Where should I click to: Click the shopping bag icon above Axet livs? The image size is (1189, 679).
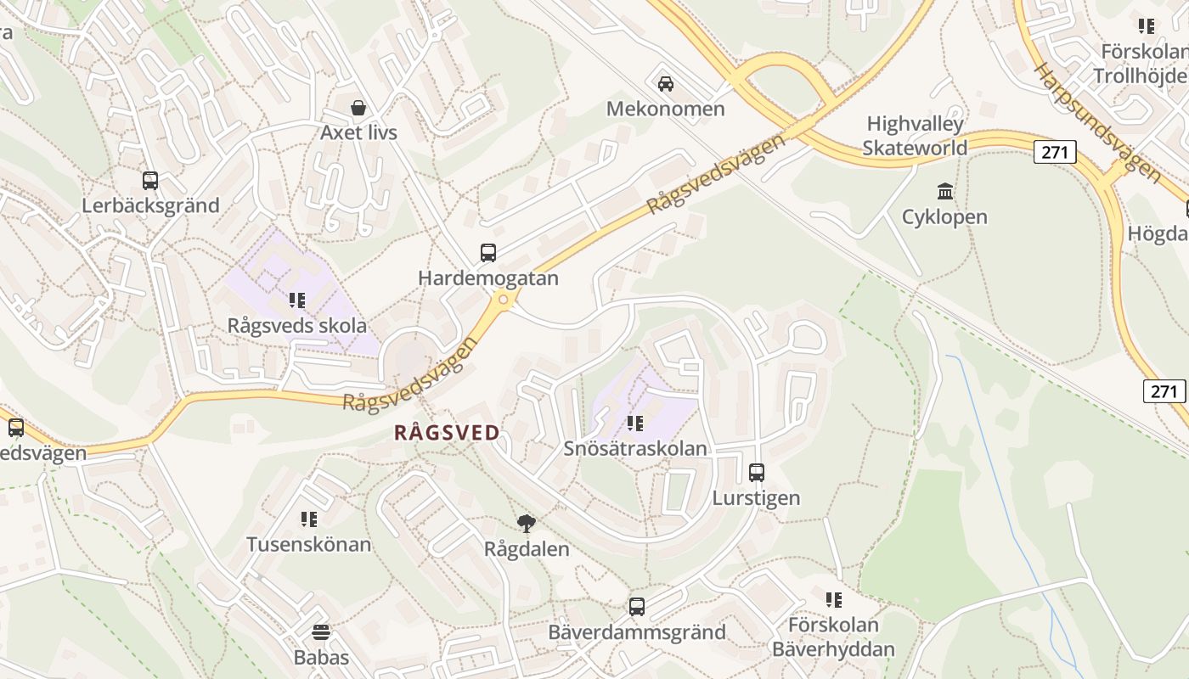point(358,108)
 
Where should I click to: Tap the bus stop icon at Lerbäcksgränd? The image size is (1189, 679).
point(150,180)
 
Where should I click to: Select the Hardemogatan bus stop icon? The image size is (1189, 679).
point(488,252)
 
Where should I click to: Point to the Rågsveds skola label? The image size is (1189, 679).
point(297,325)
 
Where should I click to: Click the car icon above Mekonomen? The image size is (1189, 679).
point(666,83)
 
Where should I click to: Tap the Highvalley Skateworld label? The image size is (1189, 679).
point(915,136)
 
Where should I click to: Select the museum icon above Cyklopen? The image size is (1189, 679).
point(944,191)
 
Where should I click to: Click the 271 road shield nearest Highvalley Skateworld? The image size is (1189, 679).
point(1055,152)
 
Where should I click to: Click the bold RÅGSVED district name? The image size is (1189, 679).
point(448,433)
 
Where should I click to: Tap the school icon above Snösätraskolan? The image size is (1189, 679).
point(634,423)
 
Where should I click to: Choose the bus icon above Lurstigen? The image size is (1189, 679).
point(756,472)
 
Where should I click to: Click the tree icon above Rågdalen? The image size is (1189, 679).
point(527,523)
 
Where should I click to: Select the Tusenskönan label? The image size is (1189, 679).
point(308,544)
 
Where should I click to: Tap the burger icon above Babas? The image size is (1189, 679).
point(321,631)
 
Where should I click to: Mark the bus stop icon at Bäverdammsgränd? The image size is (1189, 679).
point(637,606)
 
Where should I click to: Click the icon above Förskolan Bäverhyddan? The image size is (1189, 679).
point(833,600)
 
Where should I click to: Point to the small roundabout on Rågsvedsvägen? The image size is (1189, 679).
point(504,299)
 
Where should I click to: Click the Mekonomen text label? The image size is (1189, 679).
point(665,109)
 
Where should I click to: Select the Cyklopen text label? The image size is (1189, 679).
point(944,217)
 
